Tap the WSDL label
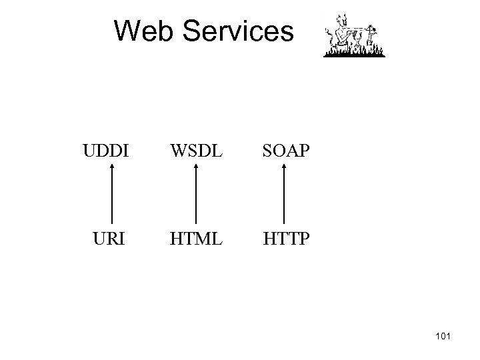coord(196,150)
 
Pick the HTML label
coord(196,238)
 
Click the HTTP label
coord(285,238)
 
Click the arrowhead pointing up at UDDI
coord(111,167)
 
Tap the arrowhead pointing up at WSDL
coord(195,167)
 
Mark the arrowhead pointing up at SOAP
coord(285,167)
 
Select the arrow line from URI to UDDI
coord(111,197)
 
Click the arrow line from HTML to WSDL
coord(195,197)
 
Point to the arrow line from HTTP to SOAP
coord(285,197)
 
